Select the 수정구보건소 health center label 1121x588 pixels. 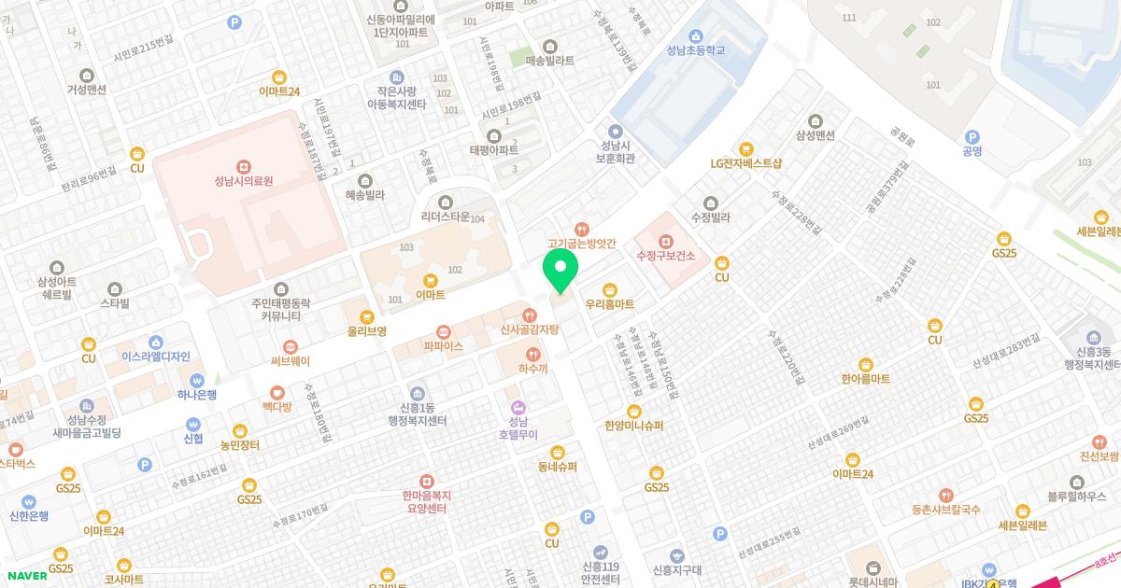click(x=664, y=255)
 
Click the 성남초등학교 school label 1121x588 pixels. click(x=696, y=49)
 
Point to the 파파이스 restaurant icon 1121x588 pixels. click(x=443, y=330)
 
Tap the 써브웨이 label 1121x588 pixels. click(x=290, y=361)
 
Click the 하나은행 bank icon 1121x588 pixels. click(x=196, y=380)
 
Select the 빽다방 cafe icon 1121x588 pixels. click(x=277, y=393)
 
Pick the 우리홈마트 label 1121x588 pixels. click(x=609, y=304)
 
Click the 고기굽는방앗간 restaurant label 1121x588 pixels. click(x=582, y=243)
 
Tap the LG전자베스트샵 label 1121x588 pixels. click(x=745, y=163)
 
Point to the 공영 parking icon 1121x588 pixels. click(x=972, y=136)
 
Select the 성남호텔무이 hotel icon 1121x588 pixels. click(x=518, y=407)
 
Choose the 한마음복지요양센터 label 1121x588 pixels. click(x=426, y=502)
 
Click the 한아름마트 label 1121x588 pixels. click(x=865, y=379)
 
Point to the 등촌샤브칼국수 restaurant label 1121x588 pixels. click(x=945, y=510)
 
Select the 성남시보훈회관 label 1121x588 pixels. click(x=615, y=152)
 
